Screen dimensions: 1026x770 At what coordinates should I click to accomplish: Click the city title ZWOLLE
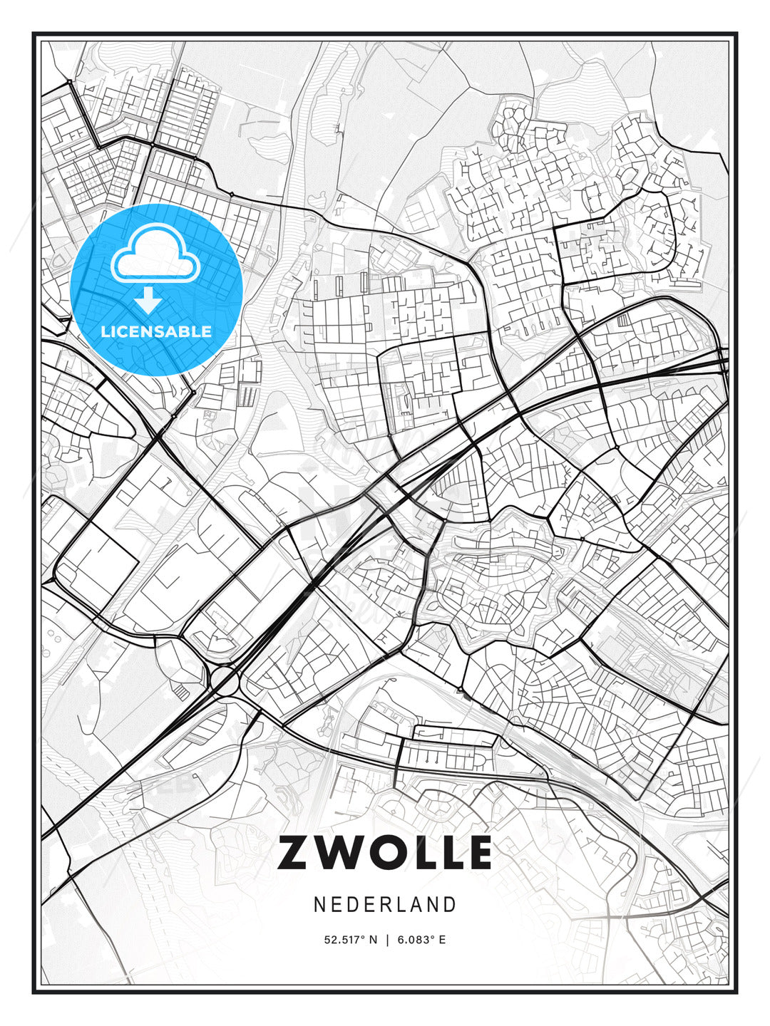385,852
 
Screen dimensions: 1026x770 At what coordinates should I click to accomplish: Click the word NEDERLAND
385,904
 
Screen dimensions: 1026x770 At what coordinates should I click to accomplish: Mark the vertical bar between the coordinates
387,940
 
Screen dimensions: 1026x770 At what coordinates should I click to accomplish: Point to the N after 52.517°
372,940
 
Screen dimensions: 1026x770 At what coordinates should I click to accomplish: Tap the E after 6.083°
442,940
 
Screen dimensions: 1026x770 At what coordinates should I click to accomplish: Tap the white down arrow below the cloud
148,300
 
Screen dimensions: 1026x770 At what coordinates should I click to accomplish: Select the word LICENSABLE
156,331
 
